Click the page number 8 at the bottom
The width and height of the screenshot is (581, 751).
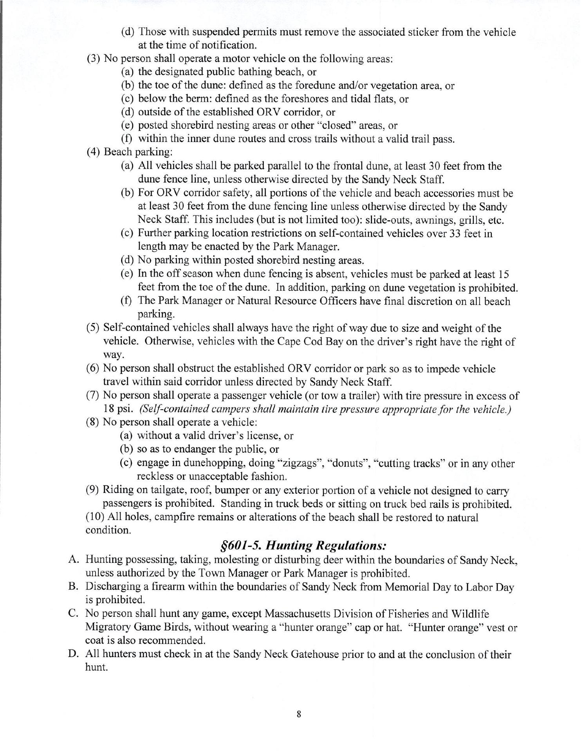point(299,714)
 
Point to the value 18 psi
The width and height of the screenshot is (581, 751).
point(119,410)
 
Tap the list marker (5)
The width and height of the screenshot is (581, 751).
point(93,328)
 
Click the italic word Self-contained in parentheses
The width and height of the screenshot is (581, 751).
point(170,410)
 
